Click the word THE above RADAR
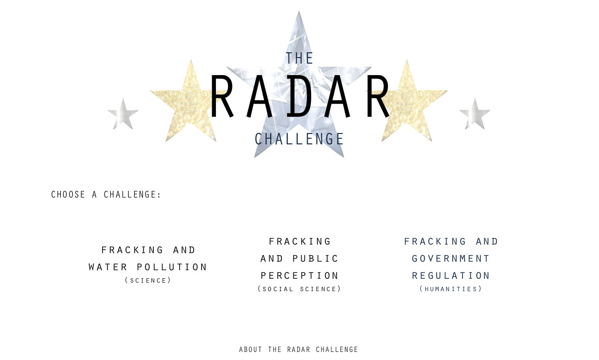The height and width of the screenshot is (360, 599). coord(299,58)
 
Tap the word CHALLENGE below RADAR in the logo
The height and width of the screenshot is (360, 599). coord(299,139)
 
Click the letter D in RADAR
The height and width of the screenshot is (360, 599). coord(299,96)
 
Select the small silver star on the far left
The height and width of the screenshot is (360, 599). coord(123,115)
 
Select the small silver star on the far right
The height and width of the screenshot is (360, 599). coord(475,115)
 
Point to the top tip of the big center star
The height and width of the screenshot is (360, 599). coord(299,11)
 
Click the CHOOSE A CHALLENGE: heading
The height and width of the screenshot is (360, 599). coord(106,195)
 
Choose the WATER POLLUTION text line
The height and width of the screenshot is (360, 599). coord(148,267)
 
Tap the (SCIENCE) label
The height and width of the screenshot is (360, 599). coord(148,280)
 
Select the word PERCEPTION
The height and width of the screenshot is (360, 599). coord(299,275)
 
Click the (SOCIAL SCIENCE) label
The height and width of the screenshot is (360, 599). coord(299,289)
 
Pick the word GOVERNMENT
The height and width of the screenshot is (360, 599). coord(451,258)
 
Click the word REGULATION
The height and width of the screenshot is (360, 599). coord(451,275)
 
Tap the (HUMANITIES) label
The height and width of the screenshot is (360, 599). coord(451,289)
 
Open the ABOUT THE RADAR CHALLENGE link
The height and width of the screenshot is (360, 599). coord(299,350)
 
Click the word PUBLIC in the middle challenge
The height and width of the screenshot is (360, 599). coord(316,258)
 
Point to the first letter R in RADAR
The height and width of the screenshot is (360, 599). coord(222,96)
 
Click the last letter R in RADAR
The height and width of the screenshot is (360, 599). coord(378,96)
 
